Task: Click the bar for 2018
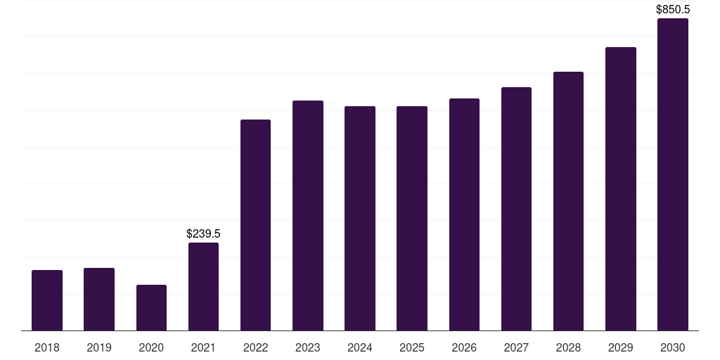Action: pos(47,300)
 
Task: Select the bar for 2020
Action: pos(152,308)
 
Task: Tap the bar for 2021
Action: pos(203,287)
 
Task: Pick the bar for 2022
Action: pos(255,225)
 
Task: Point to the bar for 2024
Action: pos(360,219)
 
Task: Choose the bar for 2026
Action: pos(464,214)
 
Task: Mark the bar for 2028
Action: pos(568,201)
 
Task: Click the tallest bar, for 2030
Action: pos(673,174)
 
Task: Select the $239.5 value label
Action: pos(203,233)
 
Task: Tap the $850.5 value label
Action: pos(673,10)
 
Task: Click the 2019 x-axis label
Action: pos(99,347)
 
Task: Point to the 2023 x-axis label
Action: pos(308,347)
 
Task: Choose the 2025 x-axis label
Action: pos(412,347)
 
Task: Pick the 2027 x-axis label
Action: pos(516,347)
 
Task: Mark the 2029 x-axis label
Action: pos(620,347)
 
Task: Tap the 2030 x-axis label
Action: pos(673,347)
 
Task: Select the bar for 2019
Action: pos(99,300)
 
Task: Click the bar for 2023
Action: pos(308,215)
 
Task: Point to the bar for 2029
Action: pos(620,188)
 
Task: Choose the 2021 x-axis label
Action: pos(203,347)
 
